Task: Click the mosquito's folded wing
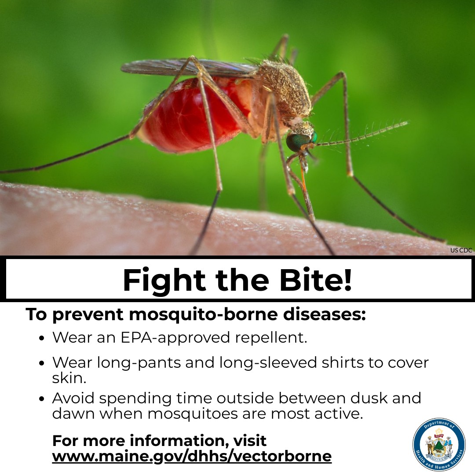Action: pyautogui.click(x=185, y=67)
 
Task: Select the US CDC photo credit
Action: pyautogui.click(x=461, y=250)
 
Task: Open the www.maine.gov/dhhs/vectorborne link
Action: pyautogui.click(x=192, y=456)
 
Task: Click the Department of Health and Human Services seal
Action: pyautogui.click(x=439, y=444)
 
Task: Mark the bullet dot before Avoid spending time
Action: pyautogui.click(x=42, y=399)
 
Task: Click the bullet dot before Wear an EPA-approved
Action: pyautogui.click(x=42, y=339)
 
